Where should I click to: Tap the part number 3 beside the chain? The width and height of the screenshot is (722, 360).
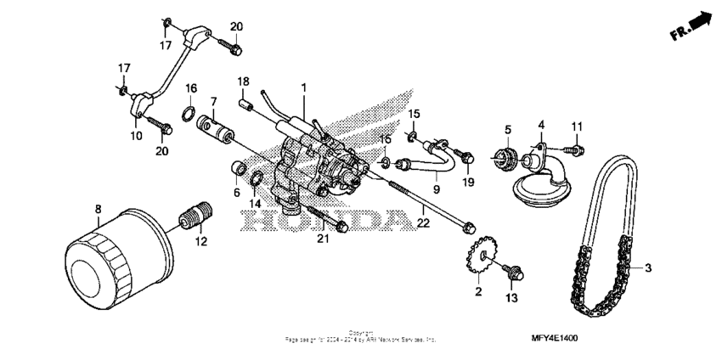coord(649,268)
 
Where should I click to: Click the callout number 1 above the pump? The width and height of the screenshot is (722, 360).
coord(303,87)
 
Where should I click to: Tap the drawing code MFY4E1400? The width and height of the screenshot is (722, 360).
coord(553,339)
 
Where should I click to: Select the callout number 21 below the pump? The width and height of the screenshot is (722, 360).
coord(323,240)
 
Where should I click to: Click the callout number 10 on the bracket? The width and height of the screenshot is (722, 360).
coord(135,134)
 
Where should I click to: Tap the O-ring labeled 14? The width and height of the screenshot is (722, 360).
coord(255,179)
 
